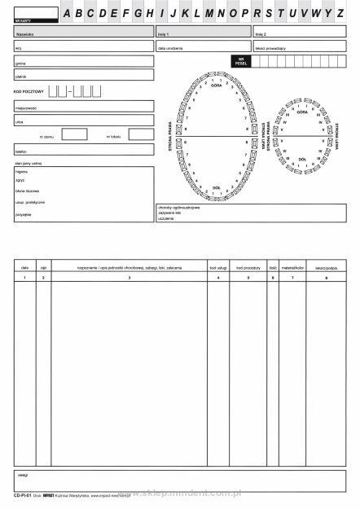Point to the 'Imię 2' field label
pyautogui.click(x=261, y=35)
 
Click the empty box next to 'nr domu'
pyautogui.click(x=74, y=134)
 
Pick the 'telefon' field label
pyautogui.click(x=21, y=151)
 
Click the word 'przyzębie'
pyautogui.click(x=23, y=213)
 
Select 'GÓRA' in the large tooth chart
pyautogui.click(x=216, y=86)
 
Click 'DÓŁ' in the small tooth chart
pyautogui.click(x=302, y=160)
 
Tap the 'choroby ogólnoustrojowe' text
pyautogui.click(x=179, y=207)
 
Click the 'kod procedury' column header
pyautogui.click(x=248, y=267)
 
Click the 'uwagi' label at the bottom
pyautogui.click(x=23, y=473)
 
